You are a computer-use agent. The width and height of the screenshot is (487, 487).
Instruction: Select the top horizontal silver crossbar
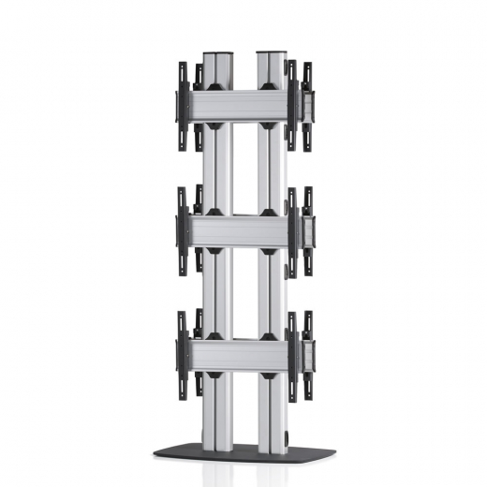point(243,105)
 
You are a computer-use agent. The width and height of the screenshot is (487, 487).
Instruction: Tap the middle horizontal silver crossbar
point(243,229)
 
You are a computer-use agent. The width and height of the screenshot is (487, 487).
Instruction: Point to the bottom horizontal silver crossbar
point(243,353)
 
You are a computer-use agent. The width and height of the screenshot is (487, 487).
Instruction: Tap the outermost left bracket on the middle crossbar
point(182,230)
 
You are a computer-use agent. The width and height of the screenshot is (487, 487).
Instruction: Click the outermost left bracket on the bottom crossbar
point(182,354)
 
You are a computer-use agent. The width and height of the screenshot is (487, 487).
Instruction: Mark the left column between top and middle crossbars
point(217,169)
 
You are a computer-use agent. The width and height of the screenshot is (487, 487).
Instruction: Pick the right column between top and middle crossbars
point(272,169)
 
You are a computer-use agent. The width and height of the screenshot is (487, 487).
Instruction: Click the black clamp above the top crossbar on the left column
point(216,85)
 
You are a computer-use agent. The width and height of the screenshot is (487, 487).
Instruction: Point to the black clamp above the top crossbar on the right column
point(271,85)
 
